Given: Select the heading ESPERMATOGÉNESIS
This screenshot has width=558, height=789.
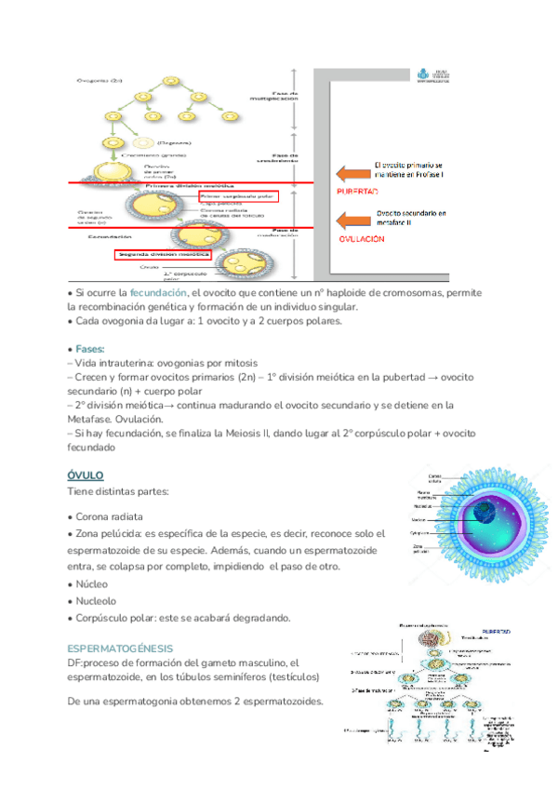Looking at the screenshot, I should (120, 648).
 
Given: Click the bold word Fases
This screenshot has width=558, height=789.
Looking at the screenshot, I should (90, 347).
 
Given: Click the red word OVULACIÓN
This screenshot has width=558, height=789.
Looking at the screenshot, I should (360, 238).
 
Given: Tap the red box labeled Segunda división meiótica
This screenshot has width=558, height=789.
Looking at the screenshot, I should (163, 253).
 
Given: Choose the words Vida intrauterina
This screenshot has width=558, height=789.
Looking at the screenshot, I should (114, 363).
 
